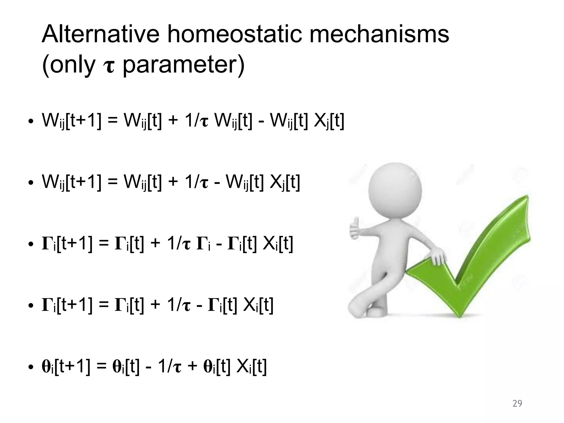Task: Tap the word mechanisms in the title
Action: (x=379, y=34)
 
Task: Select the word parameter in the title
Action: (x=183, y=66)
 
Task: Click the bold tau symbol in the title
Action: (x=109, y=67)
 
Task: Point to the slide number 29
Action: (x=517, y=403)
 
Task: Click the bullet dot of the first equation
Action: (x=31, y=121)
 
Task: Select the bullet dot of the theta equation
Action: (x=31, y=368)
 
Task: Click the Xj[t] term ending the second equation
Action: (x=284, y=183)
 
